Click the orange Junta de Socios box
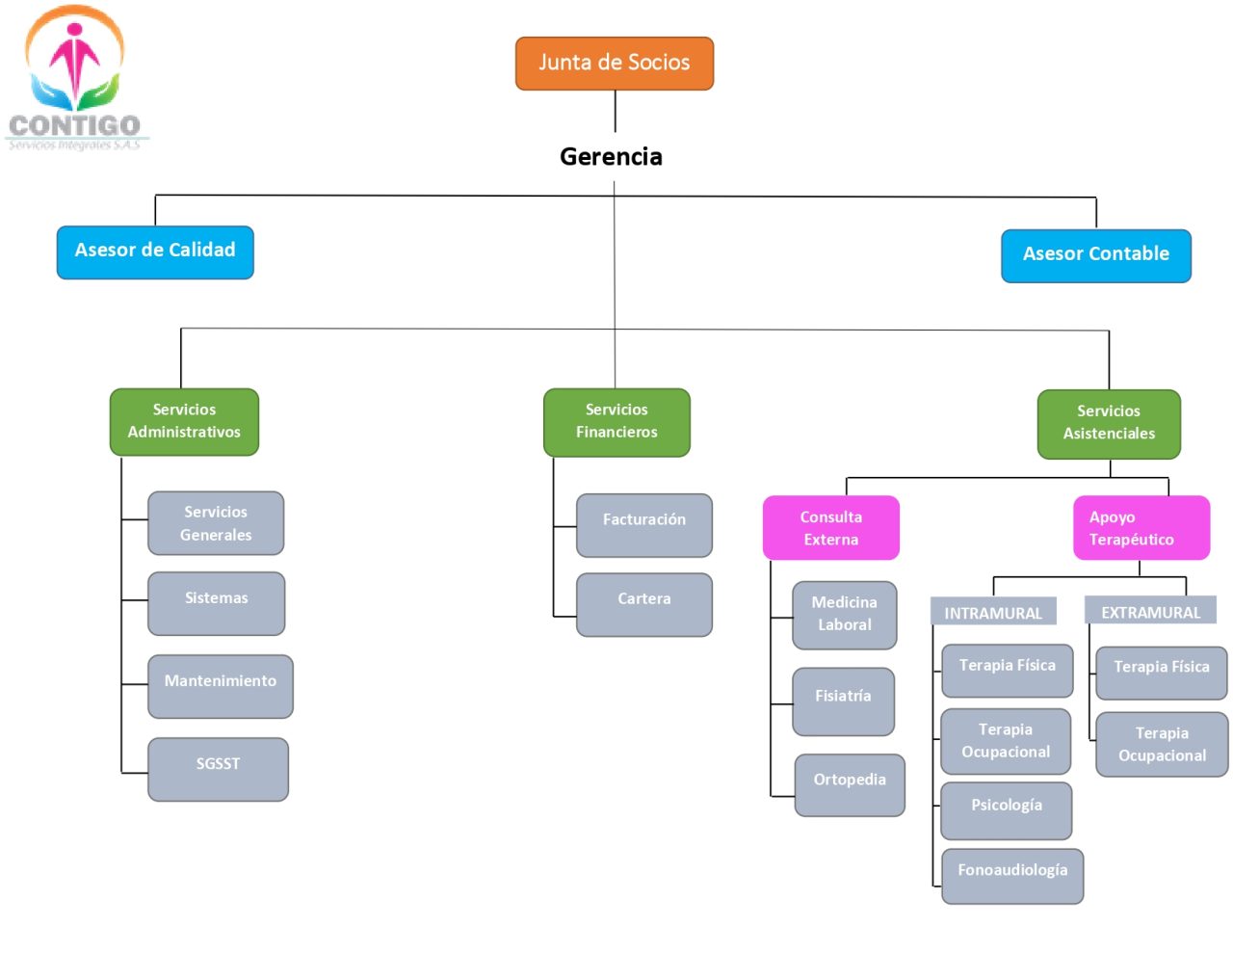(x=615, y=64)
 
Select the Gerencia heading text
(x=611, y=156)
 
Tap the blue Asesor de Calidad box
(x=155, y=252)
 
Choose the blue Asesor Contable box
(x=1095, y=255)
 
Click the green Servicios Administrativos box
(x=184, y=422)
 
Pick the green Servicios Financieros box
(x=616, y=422)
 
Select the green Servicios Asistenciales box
(x=1109, y=424)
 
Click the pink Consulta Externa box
(x=830, y=528)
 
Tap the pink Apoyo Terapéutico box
(x=1141, y=528)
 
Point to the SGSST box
(x=218, y=769)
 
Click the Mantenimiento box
(x=220, y=686)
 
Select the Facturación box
(x=643, y=525)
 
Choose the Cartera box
(x=643, y=604)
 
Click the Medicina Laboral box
(x=844, y=615)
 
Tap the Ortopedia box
(x=849, y=784)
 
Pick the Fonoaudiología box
(x=1011, y=875)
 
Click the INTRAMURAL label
(x=992, y=613)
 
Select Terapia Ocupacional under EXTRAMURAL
(x=1161, y=744)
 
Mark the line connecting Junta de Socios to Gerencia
(x=615, y=111)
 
